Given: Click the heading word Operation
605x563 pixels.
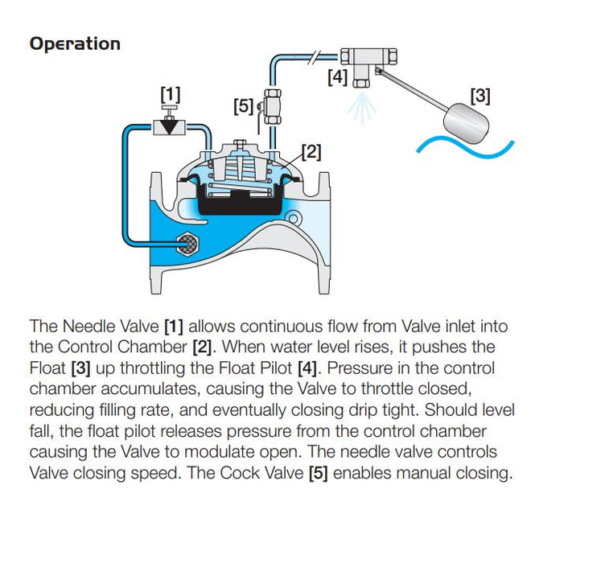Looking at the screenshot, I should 75,43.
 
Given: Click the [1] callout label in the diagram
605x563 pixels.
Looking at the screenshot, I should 170,95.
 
